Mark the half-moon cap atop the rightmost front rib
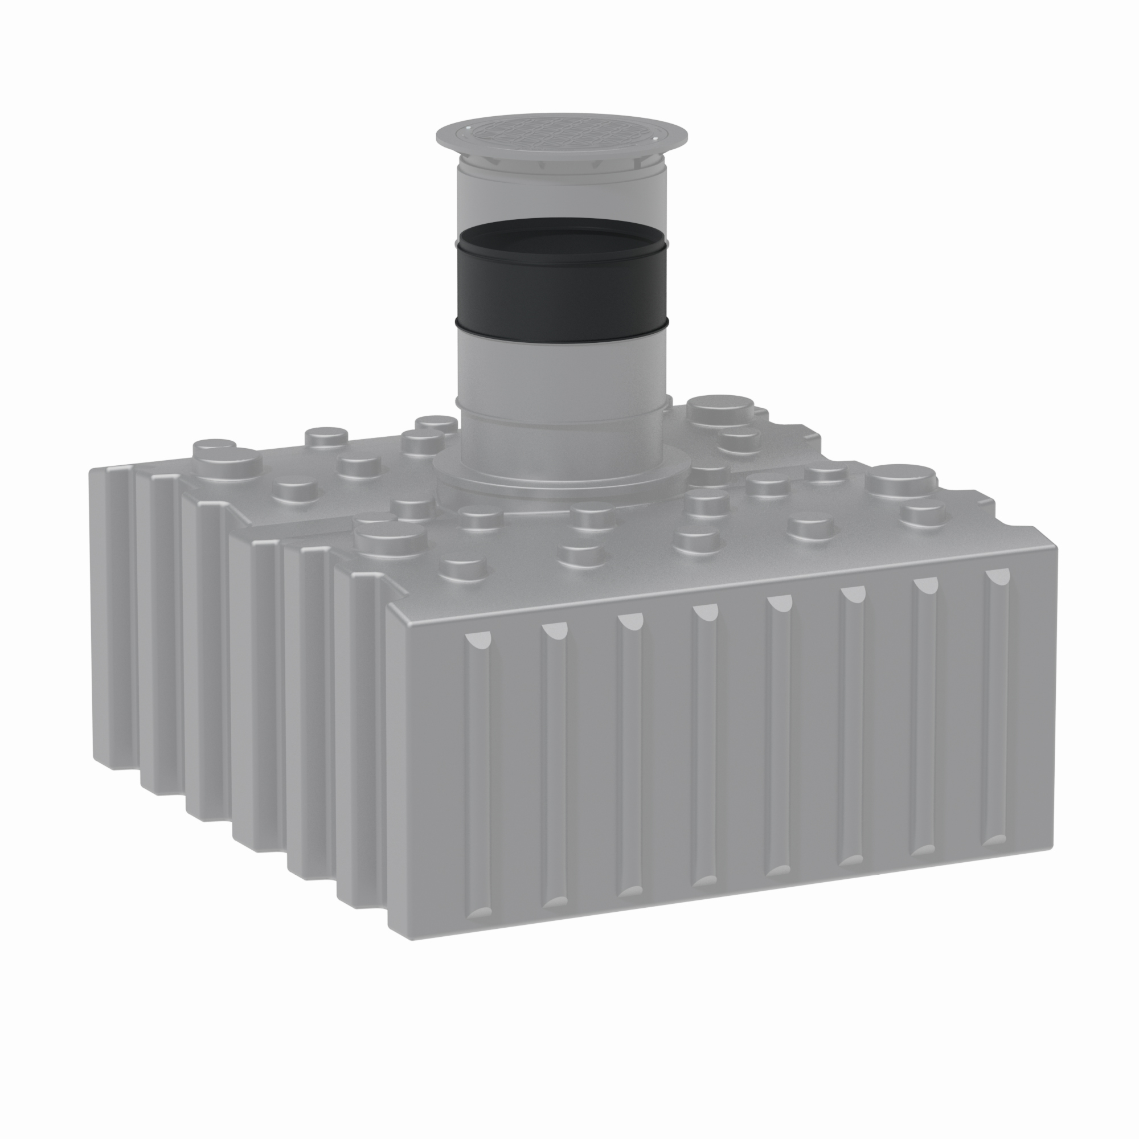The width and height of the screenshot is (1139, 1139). tap(997, 574)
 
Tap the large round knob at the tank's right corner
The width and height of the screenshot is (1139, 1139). tap(901, 476)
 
